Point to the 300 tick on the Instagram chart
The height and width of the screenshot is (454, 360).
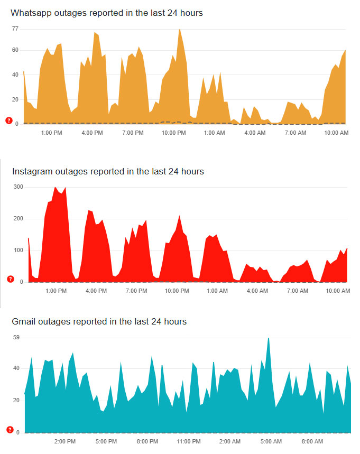click(x=19, y=187)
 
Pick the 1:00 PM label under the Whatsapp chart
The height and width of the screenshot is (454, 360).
click(x=51, y=133)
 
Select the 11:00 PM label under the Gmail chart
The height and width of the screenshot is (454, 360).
click(x=189, y=441)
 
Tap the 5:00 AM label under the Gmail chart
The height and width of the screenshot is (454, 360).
click(x=271, y=441)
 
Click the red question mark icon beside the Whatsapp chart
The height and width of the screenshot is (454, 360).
click(x=8, y=121)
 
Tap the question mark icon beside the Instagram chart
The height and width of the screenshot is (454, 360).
click(x=9, y=279)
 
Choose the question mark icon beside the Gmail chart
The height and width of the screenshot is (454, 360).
click(x=9, y=429)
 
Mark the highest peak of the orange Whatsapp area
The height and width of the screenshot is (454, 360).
click(x=180, y=29)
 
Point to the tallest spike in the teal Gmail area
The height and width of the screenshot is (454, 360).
click(x=269, y=338)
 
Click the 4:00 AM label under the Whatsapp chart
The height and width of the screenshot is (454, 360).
click(x=255, y=133)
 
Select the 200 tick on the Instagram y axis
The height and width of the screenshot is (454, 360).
click(x=19, y=219)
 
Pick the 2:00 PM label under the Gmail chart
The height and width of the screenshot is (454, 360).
click(x=65, y=441)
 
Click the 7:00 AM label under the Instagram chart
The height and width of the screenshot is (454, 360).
click(x=296, y=291)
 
